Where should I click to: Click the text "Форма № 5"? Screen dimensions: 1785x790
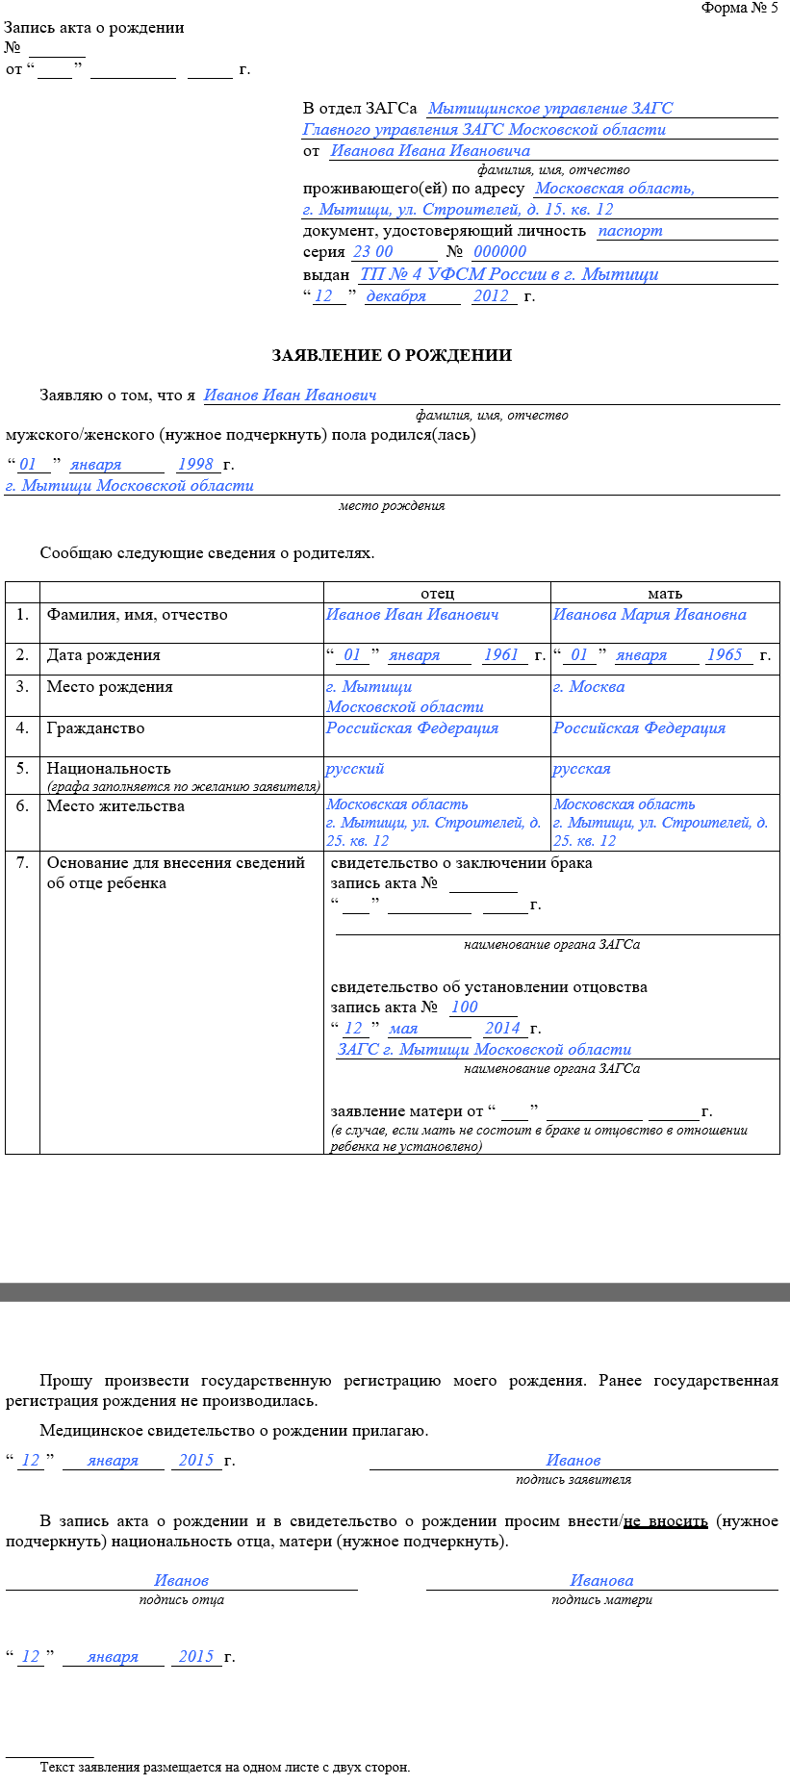(739, 9)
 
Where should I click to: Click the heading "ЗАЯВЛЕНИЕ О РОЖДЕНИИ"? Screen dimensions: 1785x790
(392, 355)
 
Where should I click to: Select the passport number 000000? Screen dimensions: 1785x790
(499, 252)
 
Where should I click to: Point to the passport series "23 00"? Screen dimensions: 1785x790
(373, 252)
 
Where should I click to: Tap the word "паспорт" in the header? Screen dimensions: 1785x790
(630, 231)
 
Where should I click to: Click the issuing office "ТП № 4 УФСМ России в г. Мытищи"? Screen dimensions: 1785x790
(509, 274)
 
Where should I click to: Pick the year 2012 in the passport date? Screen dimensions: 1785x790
(491, 296)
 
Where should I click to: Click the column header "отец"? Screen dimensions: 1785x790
(437, 594)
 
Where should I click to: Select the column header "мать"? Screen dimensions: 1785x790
(665, 594)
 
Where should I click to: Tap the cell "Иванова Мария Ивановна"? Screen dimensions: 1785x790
(650, 615)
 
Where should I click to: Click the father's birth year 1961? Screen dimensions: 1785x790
(501, 655)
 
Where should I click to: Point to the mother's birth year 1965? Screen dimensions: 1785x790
(725, 655)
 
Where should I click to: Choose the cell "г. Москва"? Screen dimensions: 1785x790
(589, 687)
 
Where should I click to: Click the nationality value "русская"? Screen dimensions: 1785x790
(581, 769)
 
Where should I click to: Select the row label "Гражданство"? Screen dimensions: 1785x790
(95, 728)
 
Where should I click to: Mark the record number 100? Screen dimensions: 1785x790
(464, 1007)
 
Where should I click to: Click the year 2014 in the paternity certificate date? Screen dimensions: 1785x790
(502, 1029)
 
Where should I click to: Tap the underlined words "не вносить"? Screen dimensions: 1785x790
(666, 1521)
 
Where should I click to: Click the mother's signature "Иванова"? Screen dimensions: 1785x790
(601, 1580)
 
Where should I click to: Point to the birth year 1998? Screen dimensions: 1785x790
(195, 465)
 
